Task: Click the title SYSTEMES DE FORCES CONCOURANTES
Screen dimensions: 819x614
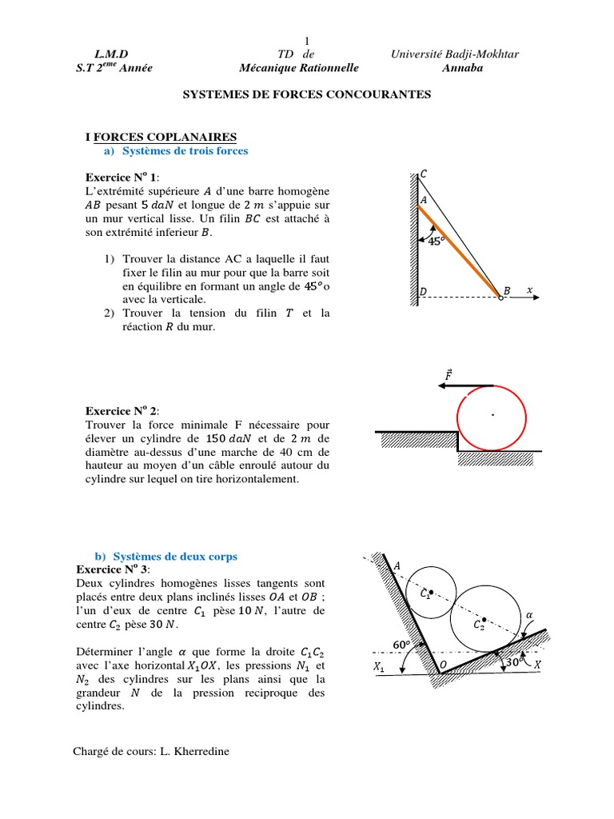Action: point(307,94)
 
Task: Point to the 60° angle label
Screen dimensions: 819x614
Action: point(401,645)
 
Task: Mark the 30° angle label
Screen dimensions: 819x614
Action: point(514,661)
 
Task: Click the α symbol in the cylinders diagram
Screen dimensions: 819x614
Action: point(528,614)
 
